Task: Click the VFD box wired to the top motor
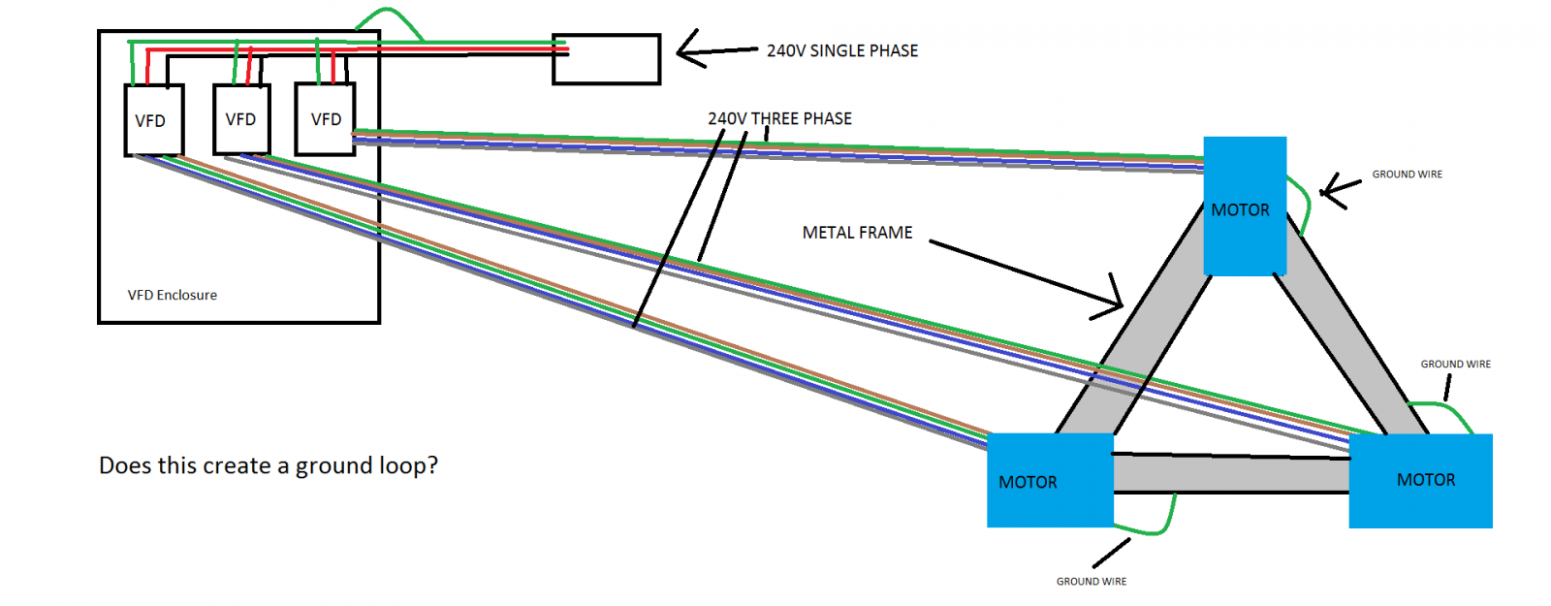pos(325,119)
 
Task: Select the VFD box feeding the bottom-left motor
pos(153,120)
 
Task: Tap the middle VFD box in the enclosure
pos(241,119)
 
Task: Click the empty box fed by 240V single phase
pos(606,59)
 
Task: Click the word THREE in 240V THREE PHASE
pos(775,118)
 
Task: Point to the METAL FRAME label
pos(857,233)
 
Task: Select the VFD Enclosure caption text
pos(172,295)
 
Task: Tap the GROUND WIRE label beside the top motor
pos(1407,175)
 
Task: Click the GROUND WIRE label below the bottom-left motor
pos(1091,582)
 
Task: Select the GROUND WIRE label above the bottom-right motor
pos(1455,365)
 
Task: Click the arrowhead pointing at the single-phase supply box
pos(681,48)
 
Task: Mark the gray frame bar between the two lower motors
pos(1231,473)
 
